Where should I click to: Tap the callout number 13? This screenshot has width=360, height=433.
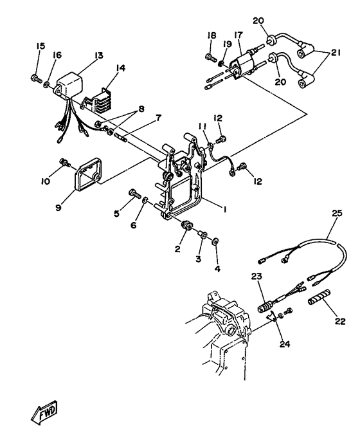pos(99,56)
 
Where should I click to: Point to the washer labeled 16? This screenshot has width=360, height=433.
pos(49,83)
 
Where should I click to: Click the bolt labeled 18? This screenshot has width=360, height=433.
pos(209,59)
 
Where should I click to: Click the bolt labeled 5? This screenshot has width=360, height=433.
pos(135,192)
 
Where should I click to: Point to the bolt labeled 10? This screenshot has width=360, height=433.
pos(63,161)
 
